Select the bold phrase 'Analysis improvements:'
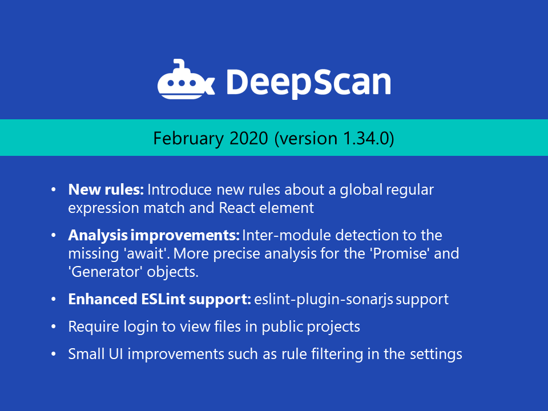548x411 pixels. (154, 235)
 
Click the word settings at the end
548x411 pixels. (436, 354)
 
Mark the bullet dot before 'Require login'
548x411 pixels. (54, 327)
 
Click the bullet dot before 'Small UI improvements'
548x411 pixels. (54, 354)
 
